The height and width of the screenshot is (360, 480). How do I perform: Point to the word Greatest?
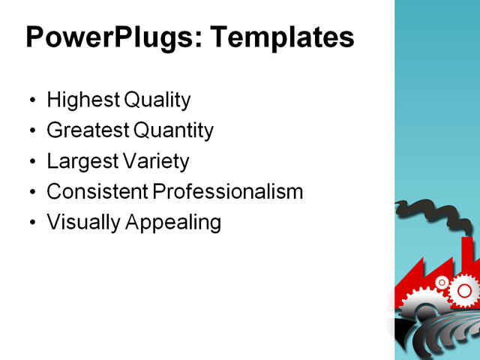[88, 130]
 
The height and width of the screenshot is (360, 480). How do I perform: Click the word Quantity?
[173, 130]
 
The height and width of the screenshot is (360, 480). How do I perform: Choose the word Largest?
[79, 161]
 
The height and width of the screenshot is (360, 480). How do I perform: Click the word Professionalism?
[228, 192]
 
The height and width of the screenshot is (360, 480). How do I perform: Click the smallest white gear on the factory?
[442, 282]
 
